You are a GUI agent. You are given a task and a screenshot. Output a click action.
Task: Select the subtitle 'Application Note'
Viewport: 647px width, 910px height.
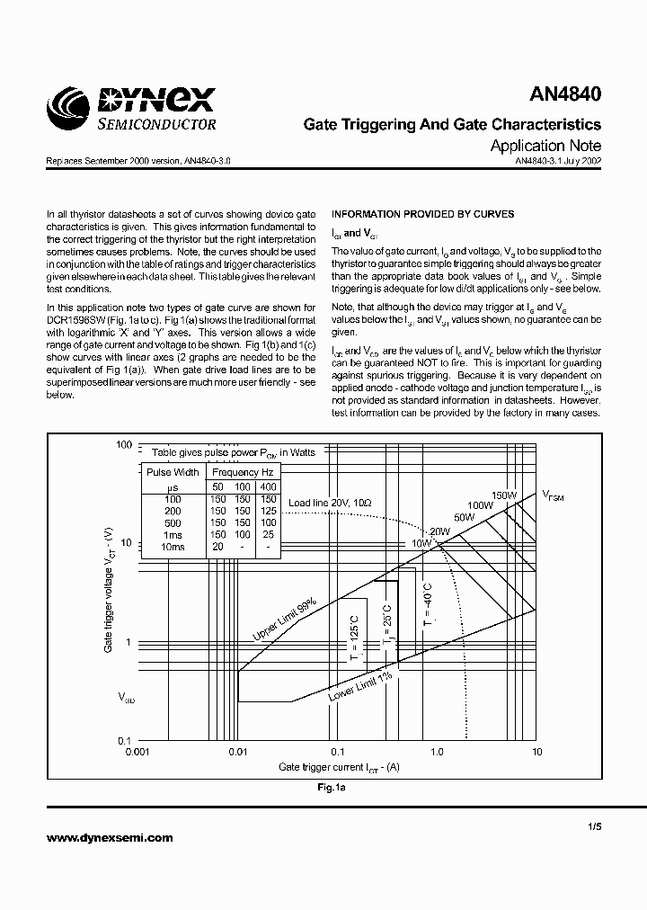(x=545, y=146)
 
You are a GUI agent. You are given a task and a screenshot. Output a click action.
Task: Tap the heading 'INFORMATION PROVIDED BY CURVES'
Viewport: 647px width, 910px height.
(x=423, y=214)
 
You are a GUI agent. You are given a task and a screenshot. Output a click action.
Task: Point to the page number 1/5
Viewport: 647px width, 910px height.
(x=594, y=825)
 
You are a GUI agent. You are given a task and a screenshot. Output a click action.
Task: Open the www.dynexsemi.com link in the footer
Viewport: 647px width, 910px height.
(x=109, y=837)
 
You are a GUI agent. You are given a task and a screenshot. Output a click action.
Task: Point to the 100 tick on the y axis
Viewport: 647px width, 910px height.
(x=124, y=445)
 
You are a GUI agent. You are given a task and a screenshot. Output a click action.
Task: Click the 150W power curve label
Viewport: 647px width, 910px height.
(x=503, y=495)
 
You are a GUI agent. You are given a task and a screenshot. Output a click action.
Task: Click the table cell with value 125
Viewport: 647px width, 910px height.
(x=268, y=511)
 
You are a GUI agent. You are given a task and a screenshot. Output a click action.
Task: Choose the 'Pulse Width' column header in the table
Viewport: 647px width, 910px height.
(x=173, y=472)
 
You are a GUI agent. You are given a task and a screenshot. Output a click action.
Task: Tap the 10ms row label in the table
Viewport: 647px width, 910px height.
(x=173, y=547)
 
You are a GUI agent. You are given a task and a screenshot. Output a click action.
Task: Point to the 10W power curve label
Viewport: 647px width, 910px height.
(x=421, y=543)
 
